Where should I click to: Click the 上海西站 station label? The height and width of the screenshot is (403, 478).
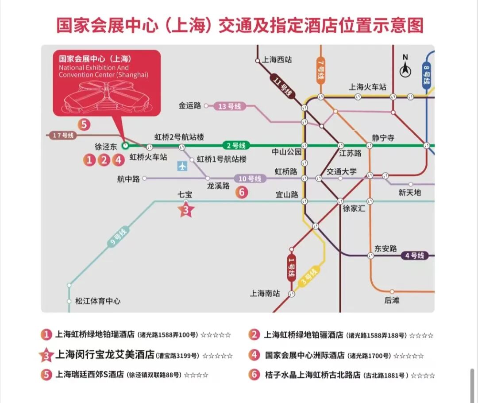277,60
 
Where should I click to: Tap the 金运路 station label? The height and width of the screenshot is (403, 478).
190,106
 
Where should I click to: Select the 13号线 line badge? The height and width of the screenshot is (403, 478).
229,106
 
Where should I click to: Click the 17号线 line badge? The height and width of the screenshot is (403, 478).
63,135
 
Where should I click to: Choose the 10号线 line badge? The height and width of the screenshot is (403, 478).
250,178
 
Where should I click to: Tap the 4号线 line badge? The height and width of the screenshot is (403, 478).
415,256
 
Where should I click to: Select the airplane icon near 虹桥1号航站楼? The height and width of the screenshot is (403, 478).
182,166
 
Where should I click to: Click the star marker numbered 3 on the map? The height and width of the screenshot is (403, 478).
186,210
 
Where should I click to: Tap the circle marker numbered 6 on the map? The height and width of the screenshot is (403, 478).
242,192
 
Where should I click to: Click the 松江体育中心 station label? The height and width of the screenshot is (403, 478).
98,301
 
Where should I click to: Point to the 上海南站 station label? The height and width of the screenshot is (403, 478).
265,293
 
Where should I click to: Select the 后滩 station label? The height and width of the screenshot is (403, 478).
392,300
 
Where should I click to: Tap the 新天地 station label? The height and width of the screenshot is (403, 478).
409,192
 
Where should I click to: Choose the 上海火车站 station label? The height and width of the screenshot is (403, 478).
367,87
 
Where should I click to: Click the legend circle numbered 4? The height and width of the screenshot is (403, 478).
254,355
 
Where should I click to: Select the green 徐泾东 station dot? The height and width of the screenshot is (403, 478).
125,145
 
